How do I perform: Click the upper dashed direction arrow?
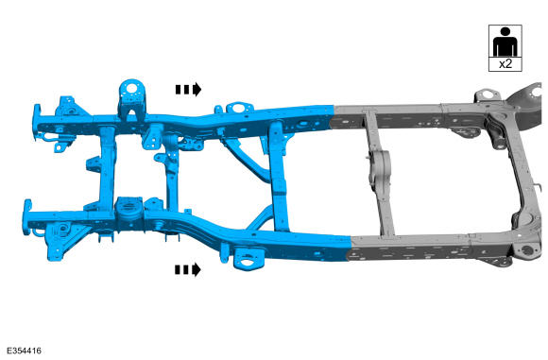[x=188, y=90]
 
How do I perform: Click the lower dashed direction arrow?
[x=188, y=269]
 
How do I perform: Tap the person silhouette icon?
[x=505, y=42]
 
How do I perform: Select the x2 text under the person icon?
[x=505, y=64]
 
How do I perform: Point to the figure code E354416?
[x=24, y=351]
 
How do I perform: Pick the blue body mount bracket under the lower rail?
[x=248, y=258]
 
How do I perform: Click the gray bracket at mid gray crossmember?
[x=378, y=169]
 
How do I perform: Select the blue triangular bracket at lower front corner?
[x=66, y=240]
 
